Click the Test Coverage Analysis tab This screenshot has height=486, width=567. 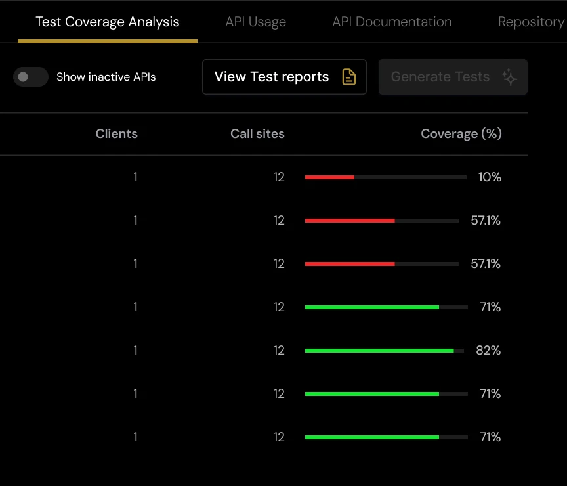pyautogui.click(x=107, y=22)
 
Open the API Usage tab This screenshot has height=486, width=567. pyautogui.click(x=255, y=22)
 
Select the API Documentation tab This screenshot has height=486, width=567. pyautogui.click(x=392, y=22)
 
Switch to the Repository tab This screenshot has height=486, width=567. pyautogui.click(x=530, y=22)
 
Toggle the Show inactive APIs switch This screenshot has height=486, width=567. pyautogui.click(x=31, y=77)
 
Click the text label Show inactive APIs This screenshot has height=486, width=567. pyautogui.click(x=106, y=77)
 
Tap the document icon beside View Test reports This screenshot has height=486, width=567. pyautogui.click(x=349, y=77)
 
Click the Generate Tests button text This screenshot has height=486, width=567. pyautogui.click(x=440, y=77)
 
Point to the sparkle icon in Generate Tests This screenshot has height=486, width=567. pyautogui.click(x=509, y=77)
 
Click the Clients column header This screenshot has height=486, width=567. pyautogui.click(x=116, y=133)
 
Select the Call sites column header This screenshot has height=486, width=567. pyautogui.click(x=257, y=133)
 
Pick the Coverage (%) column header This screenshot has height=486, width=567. pyautogui.click(x=461, y=133)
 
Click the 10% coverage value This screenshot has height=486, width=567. pyautogui.click(x=490, y=177)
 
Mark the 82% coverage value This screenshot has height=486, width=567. pyautogui.click(x=488, y=350)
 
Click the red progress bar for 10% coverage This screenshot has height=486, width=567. pyautogui.click(x=329, y=177)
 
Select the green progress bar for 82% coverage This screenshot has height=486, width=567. pyautogui.click(x=379, y=351)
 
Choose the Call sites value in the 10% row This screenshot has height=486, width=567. pyautogui.click(x=279, y=177)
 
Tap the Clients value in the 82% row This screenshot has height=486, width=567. pyautogui.click(x=135, y=350)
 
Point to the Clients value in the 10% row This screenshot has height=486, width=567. pyautogui.click(x=135, y=177)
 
